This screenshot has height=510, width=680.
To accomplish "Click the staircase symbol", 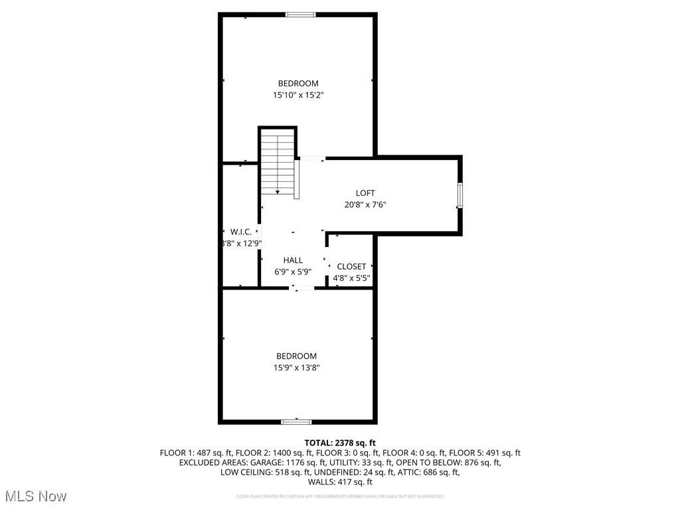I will pyautogui.click(x=278, y=163).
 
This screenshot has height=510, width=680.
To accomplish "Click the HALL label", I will pyautogui.click(x=293, y=260).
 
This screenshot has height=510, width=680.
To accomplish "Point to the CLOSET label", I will pyautogui.click(x=351, y=266).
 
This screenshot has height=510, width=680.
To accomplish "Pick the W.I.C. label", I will pyautogui.click(x=240, y=232).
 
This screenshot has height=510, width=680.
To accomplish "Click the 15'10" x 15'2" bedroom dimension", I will pyautogui.click(x=298, y=95).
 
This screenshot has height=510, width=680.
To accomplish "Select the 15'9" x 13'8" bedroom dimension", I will pyautogui.click(x=297, y=367).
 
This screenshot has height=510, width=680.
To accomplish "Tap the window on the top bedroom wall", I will pyautogui.click(x=300, y=15).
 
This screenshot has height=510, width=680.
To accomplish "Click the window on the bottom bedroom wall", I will pyautogui.click(x=296, y=421).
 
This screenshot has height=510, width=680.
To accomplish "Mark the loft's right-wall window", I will pyautogui.click(x=460, y=196).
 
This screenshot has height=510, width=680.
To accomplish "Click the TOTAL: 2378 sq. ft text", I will pyautogui.click(x=340, y=442).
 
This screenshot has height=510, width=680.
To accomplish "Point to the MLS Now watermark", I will pyautogui.click(x=35, y=496).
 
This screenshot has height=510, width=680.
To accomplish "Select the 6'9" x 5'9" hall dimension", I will pyautogui.click(x=293, y=272).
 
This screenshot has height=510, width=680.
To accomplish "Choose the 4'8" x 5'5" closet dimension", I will pyautogui.click(x=351, y=278).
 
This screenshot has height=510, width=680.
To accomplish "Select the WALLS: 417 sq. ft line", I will pyautogui.click(x=340, y=482).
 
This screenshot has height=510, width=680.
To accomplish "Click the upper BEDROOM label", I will pyautogui.click(x=298, y=83).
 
